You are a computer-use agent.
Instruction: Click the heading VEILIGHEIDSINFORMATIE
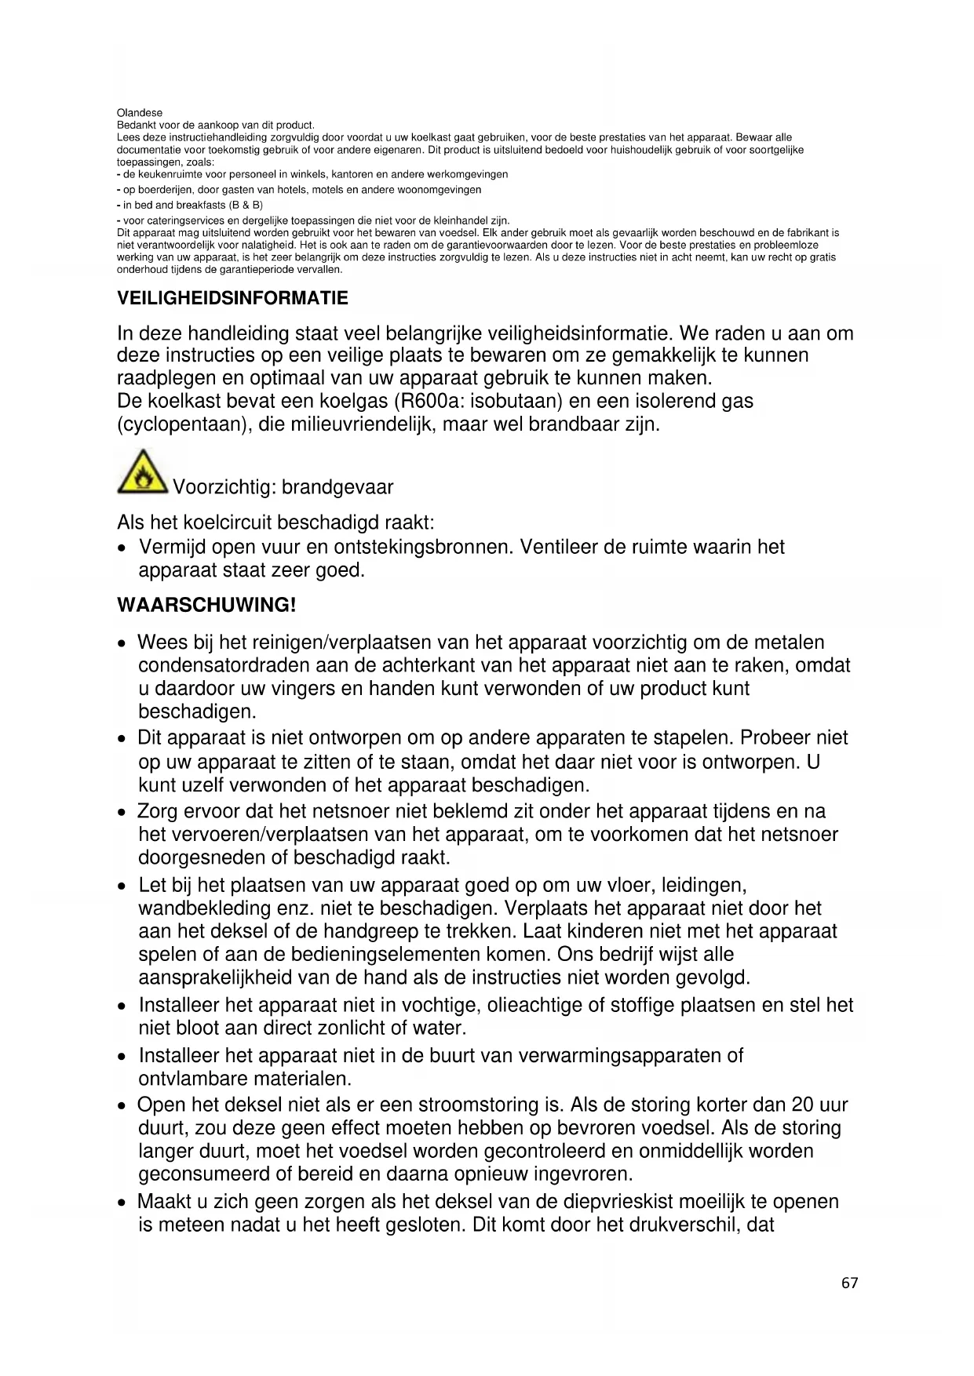coord(232,298)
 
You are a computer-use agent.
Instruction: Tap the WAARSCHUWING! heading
coord(206,605)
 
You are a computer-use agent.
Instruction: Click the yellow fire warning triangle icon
coord(142,472)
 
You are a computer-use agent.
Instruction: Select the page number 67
coord(849,1283)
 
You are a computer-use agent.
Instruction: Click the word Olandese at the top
coord(140,113)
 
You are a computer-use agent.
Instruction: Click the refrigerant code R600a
coord(428,401)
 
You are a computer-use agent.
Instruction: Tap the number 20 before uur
coord(802,1105)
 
